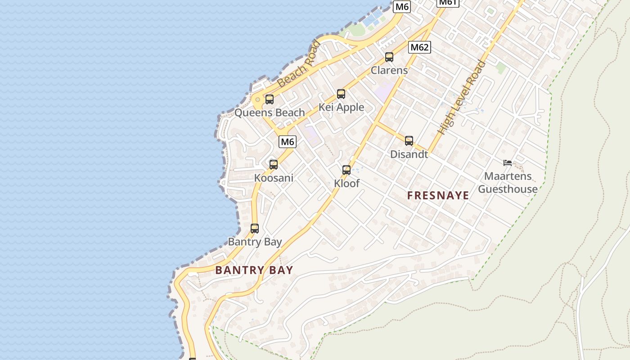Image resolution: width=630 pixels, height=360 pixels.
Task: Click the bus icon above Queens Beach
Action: click(269, 99)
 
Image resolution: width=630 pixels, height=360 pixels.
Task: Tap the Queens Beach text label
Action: click(270, 112)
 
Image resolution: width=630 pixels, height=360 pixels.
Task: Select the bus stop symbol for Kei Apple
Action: click(341, 94)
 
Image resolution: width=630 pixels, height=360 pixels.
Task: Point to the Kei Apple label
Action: click(341, 107)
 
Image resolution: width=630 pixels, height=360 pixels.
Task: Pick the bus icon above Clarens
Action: click(389, 57)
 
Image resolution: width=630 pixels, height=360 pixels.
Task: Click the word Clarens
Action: click(389, 70)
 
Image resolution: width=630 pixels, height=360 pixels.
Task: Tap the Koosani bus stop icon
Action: click(274, 165)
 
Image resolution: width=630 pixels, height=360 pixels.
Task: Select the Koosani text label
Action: click(274, 178)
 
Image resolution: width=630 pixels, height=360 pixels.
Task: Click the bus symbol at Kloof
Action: click(346, 170)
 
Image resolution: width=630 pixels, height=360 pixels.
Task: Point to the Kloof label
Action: click(346, 183)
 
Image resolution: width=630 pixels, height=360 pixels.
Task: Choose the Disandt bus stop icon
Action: click(409, 141)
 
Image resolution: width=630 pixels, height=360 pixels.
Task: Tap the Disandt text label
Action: click(409, 154)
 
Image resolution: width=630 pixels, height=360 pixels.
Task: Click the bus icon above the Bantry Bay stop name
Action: click(255, 229)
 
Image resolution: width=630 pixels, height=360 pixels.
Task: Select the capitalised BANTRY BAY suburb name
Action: click(254, 270)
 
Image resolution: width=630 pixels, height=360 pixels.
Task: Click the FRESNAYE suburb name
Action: click(438, 195)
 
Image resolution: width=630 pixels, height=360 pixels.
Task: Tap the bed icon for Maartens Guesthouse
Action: click(508, 163)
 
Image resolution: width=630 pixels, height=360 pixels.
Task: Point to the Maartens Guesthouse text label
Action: click(508, 182)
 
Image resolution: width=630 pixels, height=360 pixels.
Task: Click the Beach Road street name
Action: click(299, 64)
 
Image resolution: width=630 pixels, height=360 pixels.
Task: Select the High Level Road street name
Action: click(462, 98)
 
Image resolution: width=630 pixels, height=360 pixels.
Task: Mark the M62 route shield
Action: click(420, 47)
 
